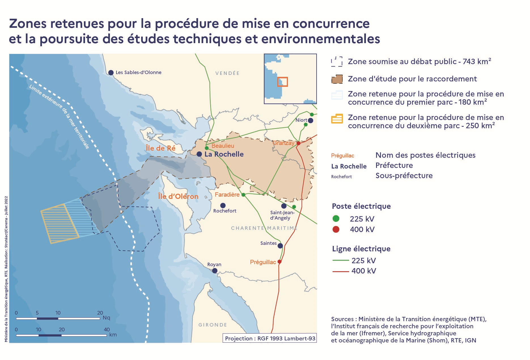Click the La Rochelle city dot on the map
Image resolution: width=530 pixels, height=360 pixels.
(x=199, y=154)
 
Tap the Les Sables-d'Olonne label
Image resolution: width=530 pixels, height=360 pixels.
(x=138, y=72)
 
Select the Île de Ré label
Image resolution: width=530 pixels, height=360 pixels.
(x=160, y=148)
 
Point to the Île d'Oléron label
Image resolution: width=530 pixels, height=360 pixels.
(x=178, y=196)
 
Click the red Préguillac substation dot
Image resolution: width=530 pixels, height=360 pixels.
(x=279, y=262)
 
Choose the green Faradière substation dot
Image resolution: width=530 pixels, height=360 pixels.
(x=243, y=195)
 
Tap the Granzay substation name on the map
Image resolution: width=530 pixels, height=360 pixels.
(x=283, y=143)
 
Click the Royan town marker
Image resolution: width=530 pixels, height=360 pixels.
(x=215, y=271)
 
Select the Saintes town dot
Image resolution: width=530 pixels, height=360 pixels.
(x=280, y=246)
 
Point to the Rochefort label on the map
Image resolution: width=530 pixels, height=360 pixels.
(x=225, y=211)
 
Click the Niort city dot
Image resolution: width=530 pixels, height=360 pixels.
(x=311, y=121)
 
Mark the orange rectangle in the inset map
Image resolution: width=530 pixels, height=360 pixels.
(x=283, y=82)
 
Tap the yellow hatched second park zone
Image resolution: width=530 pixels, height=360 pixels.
(x=60, y=224)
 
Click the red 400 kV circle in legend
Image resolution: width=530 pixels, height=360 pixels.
(x=336, y=229)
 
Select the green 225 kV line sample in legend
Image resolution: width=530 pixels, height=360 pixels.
(x=340, y=260)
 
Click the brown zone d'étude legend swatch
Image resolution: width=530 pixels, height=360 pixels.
(x=337, y=79)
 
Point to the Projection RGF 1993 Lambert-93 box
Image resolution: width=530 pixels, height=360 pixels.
(x=270, y=338)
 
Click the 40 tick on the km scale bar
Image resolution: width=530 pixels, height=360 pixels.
(x=107, y=330)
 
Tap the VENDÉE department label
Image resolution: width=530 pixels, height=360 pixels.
(x=227, y=73)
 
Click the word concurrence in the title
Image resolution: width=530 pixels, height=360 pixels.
(x=331, y=24)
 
